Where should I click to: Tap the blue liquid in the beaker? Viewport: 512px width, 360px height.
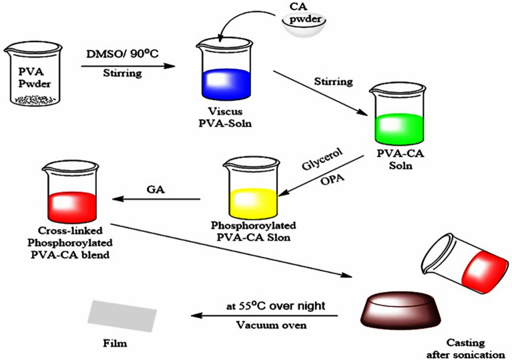pyautogui.click(x=224, y=83)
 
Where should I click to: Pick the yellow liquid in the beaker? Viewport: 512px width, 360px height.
pyautogui.click(x=252, y=199)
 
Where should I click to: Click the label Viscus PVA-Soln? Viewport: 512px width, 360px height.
pyautogui.click(x=223, y=119)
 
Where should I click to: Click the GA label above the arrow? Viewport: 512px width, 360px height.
pyautogui.click(x=155, y=189)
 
